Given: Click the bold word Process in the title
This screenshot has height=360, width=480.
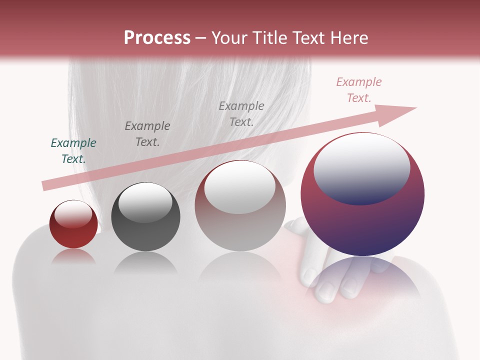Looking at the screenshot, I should click(157, 37).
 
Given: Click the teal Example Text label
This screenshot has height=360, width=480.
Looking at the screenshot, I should click(73, 151).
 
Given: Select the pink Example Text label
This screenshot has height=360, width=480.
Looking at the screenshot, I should click(359, 90).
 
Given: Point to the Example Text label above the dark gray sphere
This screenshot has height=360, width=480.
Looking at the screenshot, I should click(147, 134).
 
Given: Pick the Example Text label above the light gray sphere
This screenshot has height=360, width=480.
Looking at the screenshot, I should click(241, 113).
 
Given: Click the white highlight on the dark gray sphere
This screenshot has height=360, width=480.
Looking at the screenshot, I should click(145, 203).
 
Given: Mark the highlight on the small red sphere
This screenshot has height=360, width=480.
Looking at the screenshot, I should click(74, 214).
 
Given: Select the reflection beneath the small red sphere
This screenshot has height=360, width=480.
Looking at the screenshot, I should click(73, 257).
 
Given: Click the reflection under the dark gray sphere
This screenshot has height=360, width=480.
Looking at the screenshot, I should click(145, 262).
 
